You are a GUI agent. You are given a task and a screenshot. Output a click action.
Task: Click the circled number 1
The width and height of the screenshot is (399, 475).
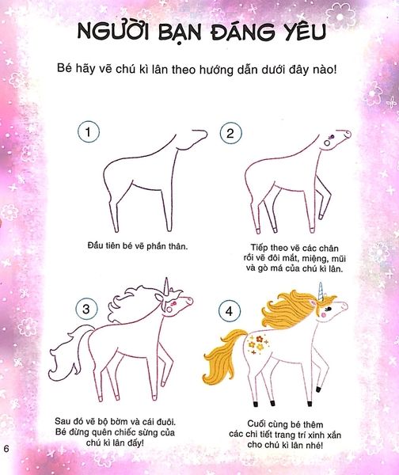pos(89,131)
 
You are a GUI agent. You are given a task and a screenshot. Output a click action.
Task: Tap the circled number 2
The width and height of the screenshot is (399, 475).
pos(230,133)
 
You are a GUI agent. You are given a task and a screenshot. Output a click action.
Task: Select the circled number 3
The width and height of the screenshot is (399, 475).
pos(86,309)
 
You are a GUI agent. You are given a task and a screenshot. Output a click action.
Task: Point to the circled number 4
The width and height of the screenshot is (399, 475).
pos(230,311)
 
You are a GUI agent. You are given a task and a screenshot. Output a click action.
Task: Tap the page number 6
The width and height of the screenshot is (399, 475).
pos(6,449)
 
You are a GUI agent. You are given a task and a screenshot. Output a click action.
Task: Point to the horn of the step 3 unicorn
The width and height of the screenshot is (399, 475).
pos(166,287)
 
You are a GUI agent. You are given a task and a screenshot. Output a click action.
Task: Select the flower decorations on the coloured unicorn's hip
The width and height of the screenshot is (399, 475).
pos(258,344)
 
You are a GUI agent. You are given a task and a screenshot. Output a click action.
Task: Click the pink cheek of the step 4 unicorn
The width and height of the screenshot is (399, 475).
pos(324,315)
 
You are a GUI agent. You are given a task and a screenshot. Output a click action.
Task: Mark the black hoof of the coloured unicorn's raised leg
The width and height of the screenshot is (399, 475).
pos(319,389)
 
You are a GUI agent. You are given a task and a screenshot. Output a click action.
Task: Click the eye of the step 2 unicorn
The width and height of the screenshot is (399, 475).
pos(331,137)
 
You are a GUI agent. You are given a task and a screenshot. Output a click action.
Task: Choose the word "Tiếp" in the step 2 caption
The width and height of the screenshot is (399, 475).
pos(260,249)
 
